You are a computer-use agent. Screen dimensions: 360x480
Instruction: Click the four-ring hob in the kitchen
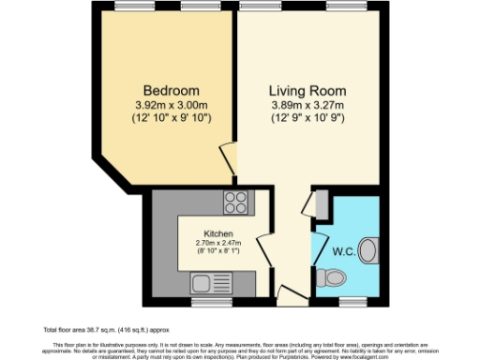coord(234,203)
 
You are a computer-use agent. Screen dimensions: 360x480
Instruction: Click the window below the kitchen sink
coord(209,301)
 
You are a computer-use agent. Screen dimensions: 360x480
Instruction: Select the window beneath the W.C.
coord(352,301)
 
